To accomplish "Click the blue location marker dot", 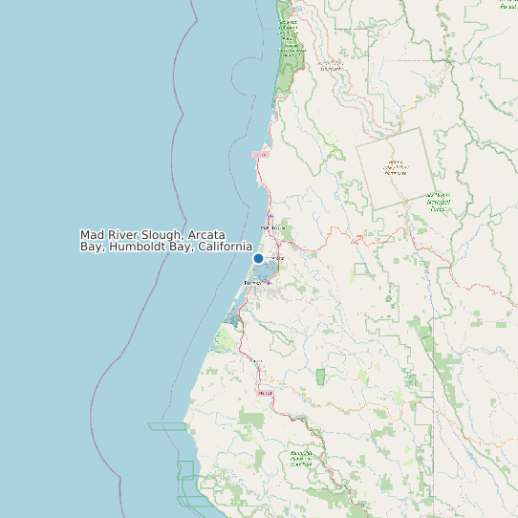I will point(258,258).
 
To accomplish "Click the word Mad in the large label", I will point(92,235).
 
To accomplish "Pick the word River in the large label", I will point(122,235).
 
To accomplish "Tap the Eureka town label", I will point(252,283).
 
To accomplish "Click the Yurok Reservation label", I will point(331,67).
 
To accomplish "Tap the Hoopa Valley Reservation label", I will point(395,167).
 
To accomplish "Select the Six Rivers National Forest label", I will point(439,202).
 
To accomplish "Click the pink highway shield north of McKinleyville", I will point(261,154).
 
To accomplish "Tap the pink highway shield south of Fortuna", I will point(265,392).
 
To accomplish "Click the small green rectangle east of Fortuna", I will point(320,377).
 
